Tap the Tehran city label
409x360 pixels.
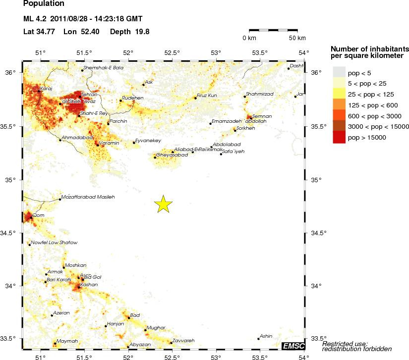pos(89,94)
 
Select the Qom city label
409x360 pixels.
pos(38,215)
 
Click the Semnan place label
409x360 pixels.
pos(262,116)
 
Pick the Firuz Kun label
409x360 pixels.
pos(207,95)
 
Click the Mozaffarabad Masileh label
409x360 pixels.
pos(88,197)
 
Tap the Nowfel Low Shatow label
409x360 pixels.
pos(54,242)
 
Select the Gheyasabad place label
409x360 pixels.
pos(172,155)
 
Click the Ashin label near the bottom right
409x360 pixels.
pos(266,336)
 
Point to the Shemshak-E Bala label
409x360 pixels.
pos(103,68)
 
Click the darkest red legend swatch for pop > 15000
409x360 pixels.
pos(338,138)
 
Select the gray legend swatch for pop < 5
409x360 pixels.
pos(338,72)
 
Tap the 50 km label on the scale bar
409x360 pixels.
pos(297,38)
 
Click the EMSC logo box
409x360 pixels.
pos(293,345)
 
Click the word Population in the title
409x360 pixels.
pos(44,4)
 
